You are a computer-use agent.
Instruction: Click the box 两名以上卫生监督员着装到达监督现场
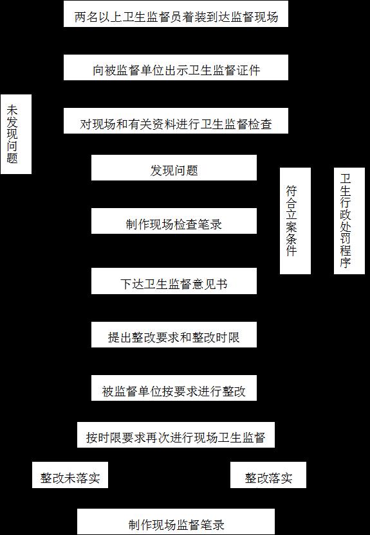coord(176,13)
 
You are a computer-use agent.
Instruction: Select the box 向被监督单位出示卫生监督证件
coord(176,67)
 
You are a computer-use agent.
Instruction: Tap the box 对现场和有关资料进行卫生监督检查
coord(176,121)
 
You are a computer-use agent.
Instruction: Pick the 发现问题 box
coord(174,168)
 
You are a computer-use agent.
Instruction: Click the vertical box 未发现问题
coord(16,134)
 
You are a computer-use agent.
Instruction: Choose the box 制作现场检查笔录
coord(174,221)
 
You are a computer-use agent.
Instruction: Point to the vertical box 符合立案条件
coord(295,221)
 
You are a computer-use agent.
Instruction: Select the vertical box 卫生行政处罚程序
coord(349,221)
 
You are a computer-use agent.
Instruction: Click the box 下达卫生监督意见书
coord(174,281)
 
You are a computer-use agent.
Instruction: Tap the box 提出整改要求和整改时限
coord(174,335)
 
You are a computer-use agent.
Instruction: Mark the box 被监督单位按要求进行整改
coord(174,388)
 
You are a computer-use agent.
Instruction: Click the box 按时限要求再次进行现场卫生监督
coord(176,435)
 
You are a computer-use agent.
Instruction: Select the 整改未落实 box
coord(70,475)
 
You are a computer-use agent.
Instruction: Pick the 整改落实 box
coord(268,475)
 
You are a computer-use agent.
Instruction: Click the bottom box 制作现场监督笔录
coord(176,522)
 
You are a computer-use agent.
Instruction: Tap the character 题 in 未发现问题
coord(12,158)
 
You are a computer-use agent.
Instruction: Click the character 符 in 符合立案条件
coord(291,191)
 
